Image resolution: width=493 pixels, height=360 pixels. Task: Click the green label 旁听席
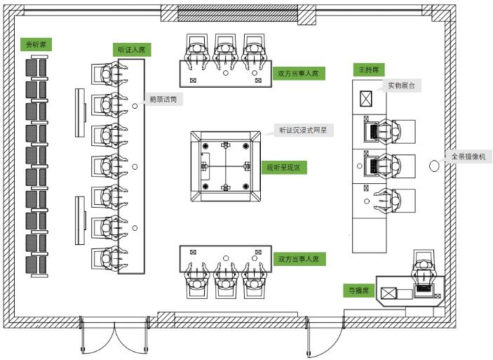coord(34,45)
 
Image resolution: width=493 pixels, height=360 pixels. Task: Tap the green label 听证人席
coord(132,50)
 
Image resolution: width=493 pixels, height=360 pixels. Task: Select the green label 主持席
coord(369,70)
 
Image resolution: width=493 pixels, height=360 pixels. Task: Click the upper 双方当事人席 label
coord(298,72)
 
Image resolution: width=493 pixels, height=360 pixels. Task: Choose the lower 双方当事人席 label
coord(298,259)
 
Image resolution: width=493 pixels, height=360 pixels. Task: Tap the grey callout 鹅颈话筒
coord(163,100)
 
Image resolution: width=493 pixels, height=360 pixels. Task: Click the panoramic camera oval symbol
coord(435,166)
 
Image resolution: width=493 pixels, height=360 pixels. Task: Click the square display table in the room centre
coord(224,166)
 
